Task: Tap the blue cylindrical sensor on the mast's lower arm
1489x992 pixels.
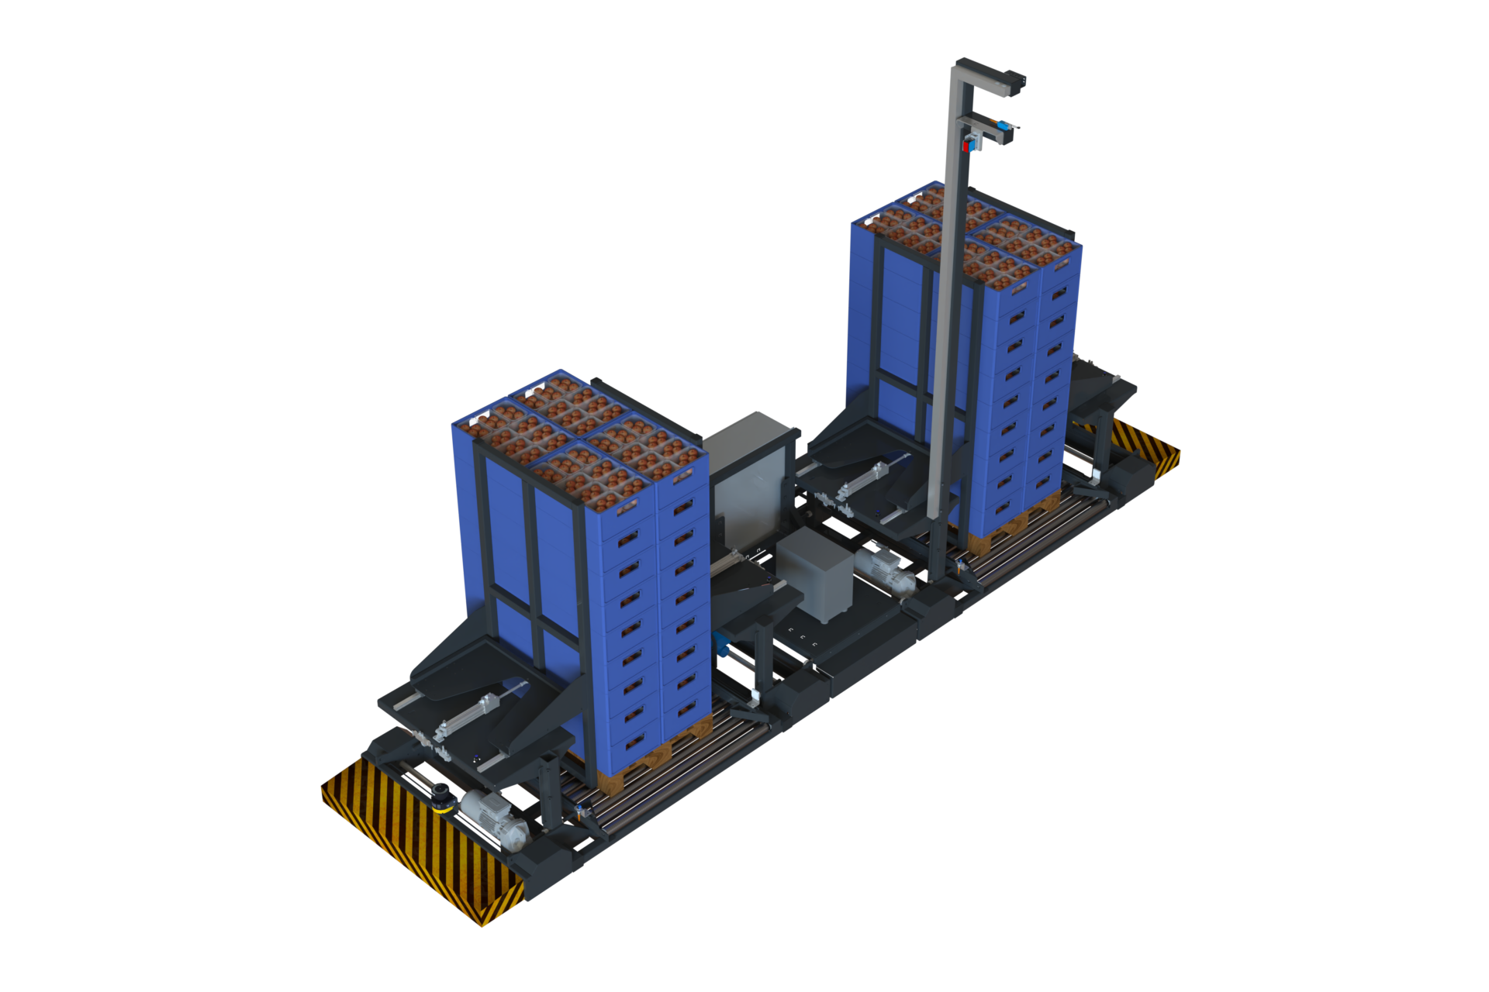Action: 1003,125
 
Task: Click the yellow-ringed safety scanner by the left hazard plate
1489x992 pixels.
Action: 441,796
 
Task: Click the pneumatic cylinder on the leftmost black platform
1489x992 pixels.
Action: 481,709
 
